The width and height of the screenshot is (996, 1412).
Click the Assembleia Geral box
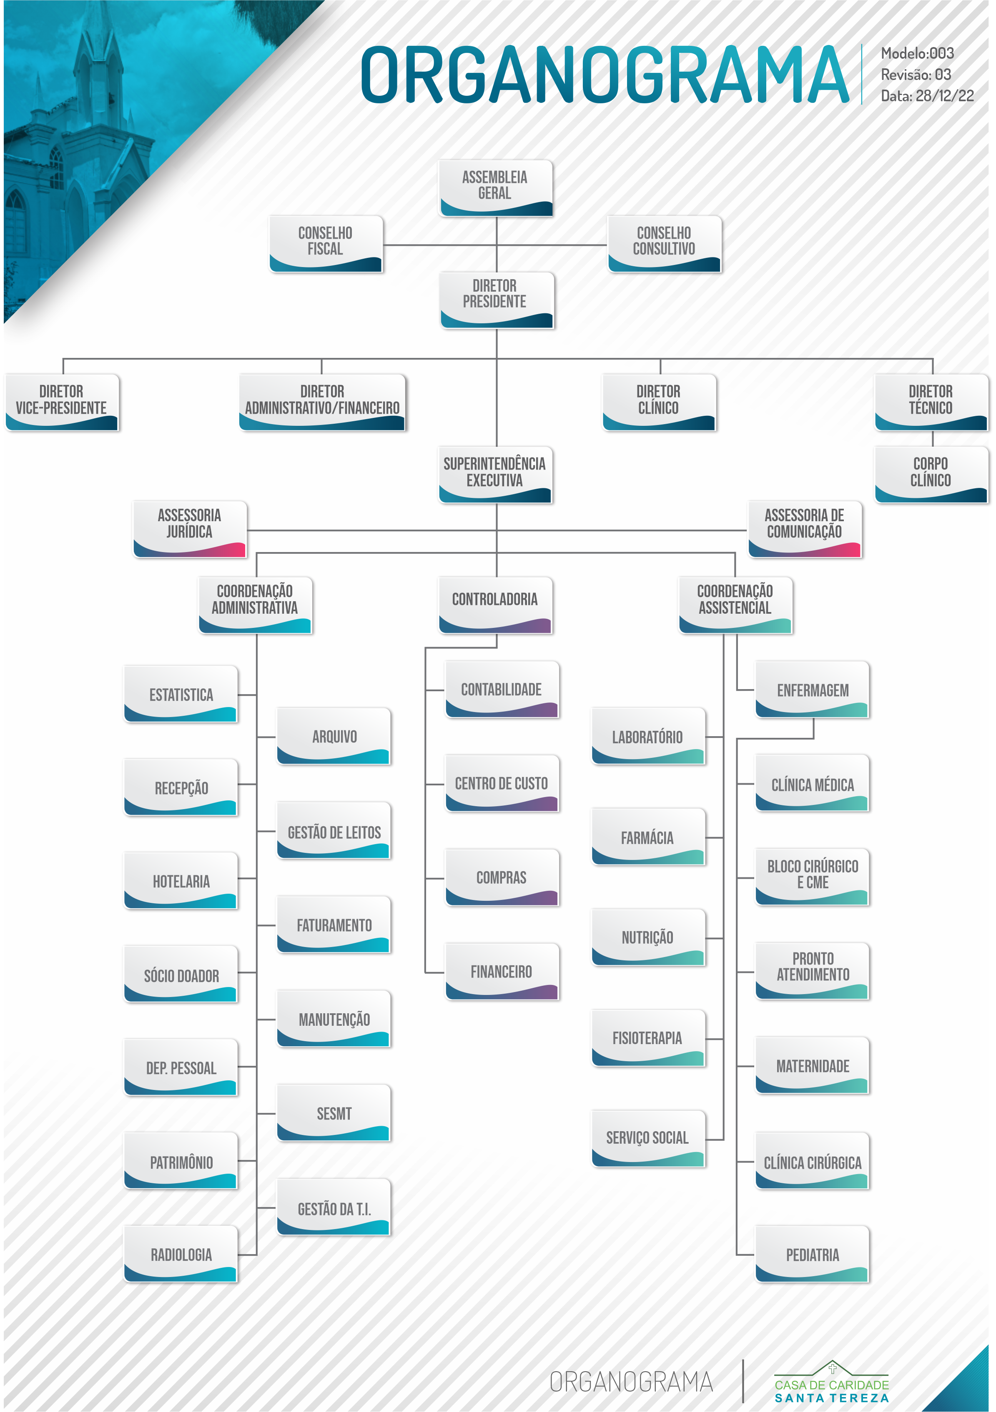click(495, 187)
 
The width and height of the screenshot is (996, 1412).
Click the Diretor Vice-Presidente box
click(62, 402)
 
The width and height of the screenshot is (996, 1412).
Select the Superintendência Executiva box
click(495, 474)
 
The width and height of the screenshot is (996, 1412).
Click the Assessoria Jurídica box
click(189, 529)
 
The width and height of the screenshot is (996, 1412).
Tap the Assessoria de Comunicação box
click(805, 529)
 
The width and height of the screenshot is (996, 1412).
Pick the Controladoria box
click(495, 605)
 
